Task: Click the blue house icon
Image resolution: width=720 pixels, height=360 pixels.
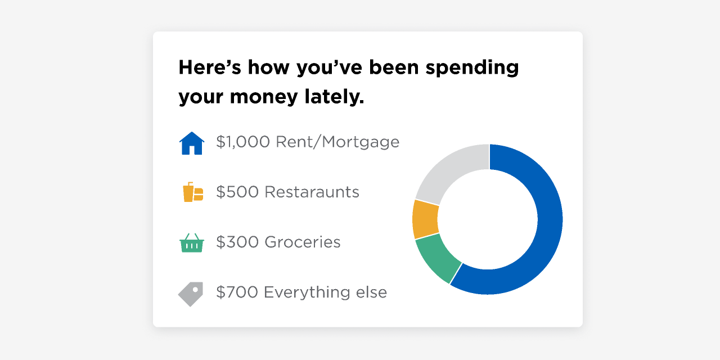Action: click(192, 143)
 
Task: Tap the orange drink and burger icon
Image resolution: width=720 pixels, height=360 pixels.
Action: click(193, 192)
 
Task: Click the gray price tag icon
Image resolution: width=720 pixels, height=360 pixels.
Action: click(191, 294)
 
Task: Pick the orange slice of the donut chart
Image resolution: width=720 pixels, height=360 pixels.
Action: click(425, 219)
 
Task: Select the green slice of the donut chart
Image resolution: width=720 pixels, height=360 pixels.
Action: click(437, 257)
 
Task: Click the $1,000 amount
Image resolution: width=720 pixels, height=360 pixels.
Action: click(243, 142)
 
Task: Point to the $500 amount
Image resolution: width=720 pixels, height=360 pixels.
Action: click(237, 192)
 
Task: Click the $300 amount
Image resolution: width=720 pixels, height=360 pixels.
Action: click(237, 242)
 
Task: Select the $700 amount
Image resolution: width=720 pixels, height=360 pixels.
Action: click(237, 292)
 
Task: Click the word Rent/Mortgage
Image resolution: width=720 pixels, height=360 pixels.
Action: click(337, 142)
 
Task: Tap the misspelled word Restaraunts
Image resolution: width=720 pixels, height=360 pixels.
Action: click(312, 192)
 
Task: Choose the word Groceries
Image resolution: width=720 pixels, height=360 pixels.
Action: click(303, 242)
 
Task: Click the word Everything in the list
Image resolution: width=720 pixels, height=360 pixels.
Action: click(307, 293)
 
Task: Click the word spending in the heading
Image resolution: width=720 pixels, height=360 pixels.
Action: click(472, 69)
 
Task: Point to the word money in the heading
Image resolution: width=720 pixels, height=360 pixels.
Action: click(264, 98)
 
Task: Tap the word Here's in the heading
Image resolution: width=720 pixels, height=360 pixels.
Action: click(210, 67)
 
